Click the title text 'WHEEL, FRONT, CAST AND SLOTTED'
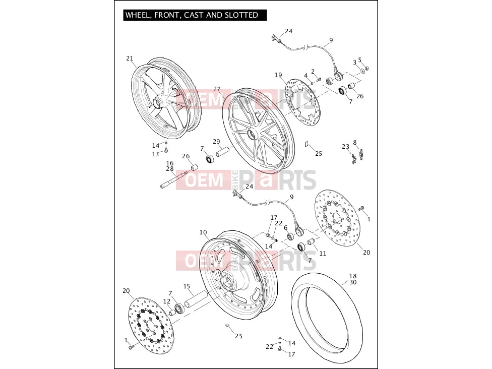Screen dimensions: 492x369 [x=192, y=15]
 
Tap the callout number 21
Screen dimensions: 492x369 [x=130, y=58]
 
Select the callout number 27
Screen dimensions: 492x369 [x=217, y=89]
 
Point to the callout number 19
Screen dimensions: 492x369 [x=278, y=75]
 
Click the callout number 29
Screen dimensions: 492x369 [x=216, y=142]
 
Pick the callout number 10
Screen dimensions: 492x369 [x=203, y=232]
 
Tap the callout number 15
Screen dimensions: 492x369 [x=187, y=286]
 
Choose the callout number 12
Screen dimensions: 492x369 [x=167, y=301]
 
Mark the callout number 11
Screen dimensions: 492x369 [x=323, y=253]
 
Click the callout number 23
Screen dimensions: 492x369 [x=345, y=147]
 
